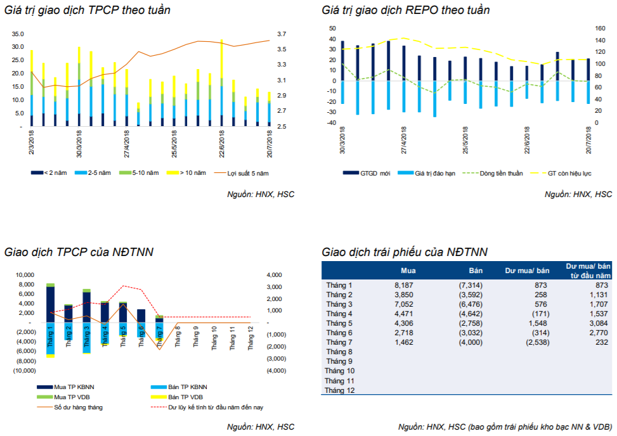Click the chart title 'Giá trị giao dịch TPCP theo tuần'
click(88, 10)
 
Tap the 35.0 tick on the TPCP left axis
click(18, 34)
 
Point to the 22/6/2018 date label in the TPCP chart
click(222, 144)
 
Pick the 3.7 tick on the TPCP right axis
click(282, 34)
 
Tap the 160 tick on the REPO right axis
click(601, 29)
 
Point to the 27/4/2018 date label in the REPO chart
click(404, 140)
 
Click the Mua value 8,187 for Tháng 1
click(404, 285)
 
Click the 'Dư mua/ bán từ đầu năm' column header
click(588, 271)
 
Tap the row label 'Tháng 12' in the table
click(340, 390)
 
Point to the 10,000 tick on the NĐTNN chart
click(25, 275)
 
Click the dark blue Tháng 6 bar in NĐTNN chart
click(141, 316)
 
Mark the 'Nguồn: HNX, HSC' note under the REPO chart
click(578, 194)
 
